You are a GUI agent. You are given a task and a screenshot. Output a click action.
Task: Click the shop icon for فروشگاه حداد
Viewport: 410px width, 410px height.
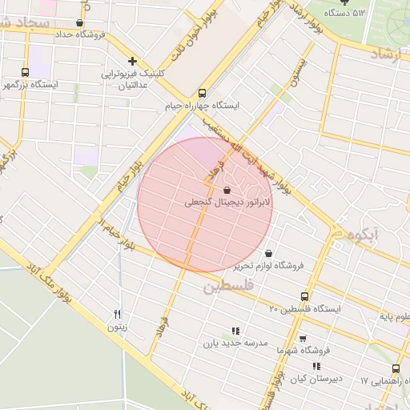[x=78, y=23]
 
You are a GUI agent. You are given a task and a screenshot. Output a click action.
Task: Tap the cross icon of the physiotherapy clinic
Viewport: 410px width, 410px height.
[x=132, y=61]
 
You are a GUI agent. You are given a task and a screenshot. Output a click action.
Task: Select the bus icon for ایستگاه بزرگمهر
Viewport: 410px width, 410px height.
[x=25, y=72]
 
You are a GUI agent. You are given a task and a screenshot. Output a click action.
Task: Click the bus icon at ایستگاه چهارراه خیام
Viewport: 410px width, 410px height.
[x=202, y=92]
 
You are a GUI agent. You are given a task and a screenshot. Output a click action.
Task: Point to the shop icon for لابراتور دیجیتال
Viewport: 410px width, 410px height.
[x=228, y=191]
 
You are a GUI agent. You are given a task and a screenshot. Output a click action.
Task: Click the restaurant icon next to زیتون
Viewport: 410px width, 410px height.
[x=118, y=314]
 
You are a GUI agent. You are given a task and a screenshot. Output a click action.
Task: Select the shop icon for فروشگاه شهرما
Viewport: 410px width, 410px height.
[x=302, y=339]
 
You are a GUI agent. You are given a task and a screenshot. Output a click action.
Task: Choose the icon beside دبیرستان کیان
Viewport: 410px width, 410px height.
[x=317, y=366]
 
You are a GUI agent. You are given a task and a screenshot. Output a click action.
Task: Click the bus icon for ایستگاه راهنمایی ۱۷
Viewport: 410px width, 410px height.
[x=396, y=369]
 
